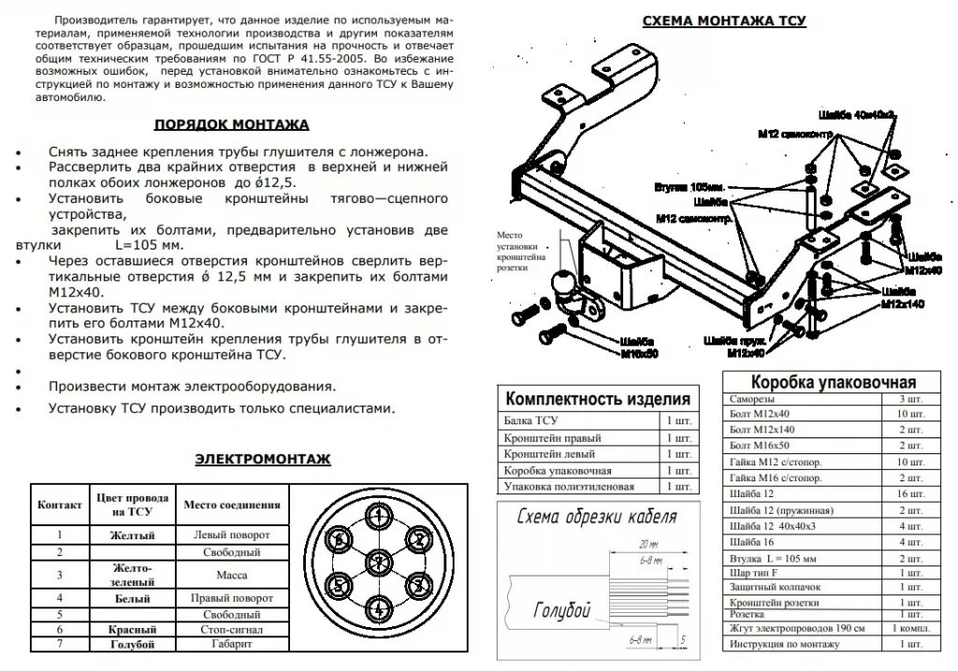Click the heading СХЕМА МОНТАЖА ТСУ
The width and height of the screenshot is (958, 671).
(x=724, y=21)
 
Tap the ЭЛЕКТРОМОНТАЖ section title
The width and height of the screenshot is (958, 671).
(x=263, y=459)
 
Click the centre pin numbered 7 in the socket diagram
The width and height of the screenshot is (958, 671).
(x=377, y=561)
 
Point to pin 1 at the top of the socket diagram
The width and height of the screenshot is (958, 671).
(x=377, y=515)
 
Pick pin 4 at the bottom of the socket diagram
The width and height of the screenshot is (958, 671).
(x=377, y=607)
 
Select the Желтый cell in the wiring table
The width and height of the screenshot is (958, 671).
(x=132, y=535)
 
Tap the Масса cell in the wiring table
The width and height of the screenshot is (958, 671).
(x=232, y=575)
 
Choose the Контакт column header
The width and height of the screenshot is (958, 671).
(x=59, y=506)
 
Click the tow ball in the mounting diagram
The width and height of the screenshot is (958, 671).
(x=560, y=281)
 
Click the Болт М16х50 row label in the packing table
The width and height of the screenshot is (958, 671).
(x=759, y=445)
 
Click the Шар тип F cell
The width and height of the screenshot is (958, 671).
(x=757, y=571)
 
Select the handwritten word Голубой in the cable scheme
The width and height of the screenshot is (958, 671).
(x=561, y=611)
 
